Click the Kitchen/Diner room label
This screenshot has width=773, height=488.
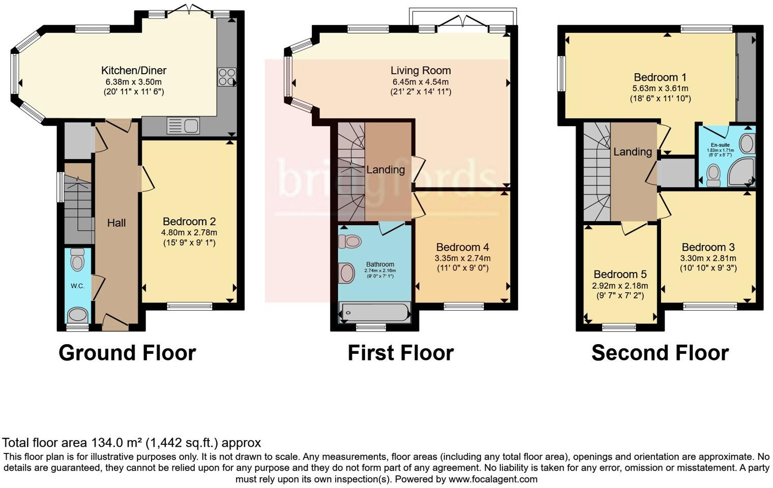134,71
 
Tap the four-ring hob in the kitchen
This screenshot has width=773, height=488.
226,77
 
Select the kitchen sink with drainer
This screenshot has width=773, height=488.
183,125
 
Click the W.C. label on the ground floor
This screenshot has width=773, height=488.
77,286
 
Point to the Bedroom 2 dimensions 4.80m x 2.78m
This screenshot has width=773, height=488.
189,233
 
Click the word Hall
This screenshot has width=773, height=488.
116,223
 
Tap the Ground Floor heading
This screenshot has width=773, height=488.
127,353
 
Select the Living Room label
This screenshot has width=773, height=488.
421,71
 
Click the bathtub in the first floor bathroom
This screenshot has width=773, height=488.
375,312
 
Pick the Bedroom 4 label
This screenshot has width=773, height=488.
462,247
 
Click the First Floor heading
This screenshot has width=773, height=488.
400,353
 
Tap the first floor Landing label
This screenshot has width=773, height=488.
385,170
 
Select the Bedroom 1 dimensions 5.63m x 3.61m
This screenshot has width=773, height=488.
660,88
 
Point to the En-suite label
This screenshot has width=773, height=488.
720,145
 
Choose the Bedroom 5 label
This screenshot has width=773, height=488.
620,274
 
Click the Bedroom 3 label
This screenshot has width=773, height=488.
708,248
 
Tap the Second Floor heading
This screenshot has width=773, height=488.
660,353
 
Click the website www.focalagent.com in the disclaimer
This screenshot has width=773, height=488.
493,479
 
